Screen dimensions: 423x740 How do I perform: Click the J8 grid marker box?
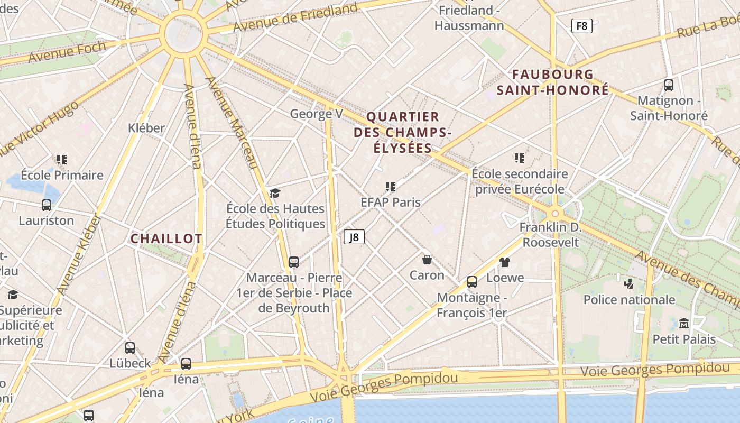point(354,237)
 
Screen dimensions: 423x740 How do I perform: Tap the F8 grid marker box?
point(581,25)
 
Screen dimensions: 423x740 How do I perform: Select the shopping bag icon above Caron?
point(427,260)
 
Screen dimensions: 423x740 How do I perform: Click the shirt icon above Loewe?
point(505,262)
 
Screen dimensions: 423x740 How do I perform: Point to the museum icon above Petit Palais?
point(684,323)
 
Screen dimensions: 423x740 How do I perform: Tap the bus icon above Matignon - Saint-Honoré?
point(669,85)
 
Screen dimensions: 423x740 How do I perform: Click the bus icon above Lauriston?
point(47,205)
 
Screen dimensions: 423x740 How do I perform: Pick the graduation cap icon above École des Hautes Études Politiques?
point(275,193)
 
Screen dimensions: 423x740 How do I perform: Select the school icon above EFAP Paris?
point(391,186)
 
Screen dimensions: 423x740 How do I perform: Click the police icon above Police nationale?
point(628,283)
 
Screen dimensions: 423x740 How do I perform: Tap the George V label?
point(317,114)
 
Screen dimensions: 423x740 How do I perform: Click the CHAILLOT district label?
point(166,238)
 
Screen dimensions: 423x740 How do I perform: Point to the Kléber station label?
point(146,127)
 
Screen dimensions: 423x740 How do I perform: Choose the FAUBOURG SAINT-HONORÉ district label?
point(552,82)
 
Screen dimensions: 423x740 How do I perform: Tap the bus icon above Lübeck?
point(130,348)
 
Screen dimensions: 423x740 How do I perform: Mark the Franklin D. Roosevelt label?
point(550,235)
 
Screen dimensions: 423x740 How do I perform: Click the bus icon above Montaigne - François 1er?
point(472,282)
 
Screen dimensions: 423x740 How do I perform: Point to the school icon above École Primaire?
point(62,159)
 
